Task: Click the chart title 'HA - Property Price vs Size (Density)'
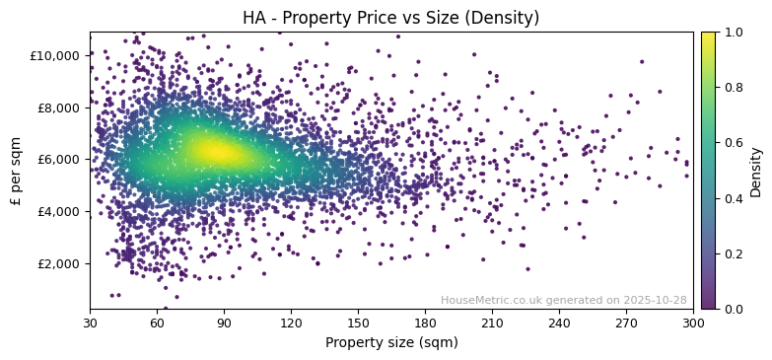(390, 18)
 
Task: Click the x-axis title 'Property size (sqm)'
(390, 343)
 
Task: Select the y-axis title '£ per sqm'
(16, 171)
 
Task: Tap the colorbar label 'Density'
(756, 171)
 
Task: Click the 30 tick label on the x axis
(90, 323)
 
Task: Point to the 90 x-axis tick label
(224, 323)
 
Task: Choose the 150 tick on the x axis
(358, 323)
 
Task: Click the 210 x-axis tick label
(492, 323)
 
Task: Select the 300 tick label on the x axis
(693, 323)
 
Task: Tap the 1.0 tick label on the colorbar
(733, 33)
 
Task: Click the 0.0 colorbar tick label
(733, 309)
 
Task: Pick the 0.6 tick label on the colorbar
(733, 143)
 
